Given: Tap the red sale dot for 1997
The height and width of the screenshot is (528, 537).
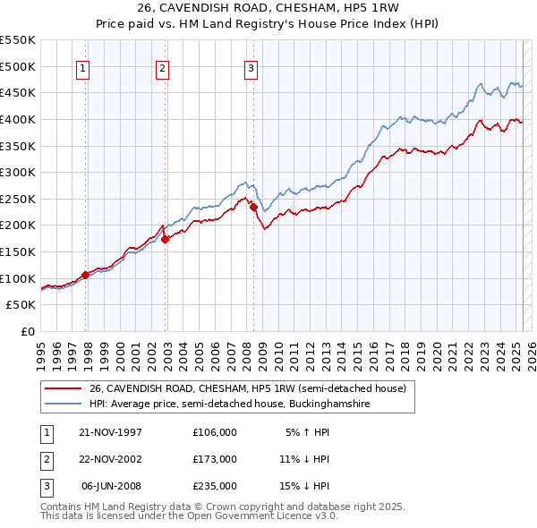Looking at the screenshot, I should pyautogui.click(x=86, y=275).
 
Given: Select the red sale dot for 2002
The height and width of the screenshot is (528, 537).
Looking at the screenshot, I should pyautogui.click(x=166, y=239).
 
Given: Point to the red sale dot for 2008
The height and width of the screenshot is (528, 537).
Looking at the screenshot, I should pyautogui.click(x=253, y=207).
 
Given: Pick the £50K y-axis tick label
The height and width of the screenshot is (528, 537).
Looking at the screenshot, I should pyautogui.click(x=21, y=305).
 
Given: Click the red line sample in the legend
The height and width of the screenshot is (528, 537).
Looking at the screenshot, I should pyautogui.click(x=64, y=389).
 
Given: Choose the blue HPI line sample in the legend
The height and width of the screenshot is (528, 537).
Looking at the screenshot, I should pyautogui.click(x=64, y=404).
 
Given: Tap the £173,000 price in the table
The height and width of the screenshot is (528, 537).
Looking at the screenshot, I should pyautogui.click(x=214, y=459).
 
